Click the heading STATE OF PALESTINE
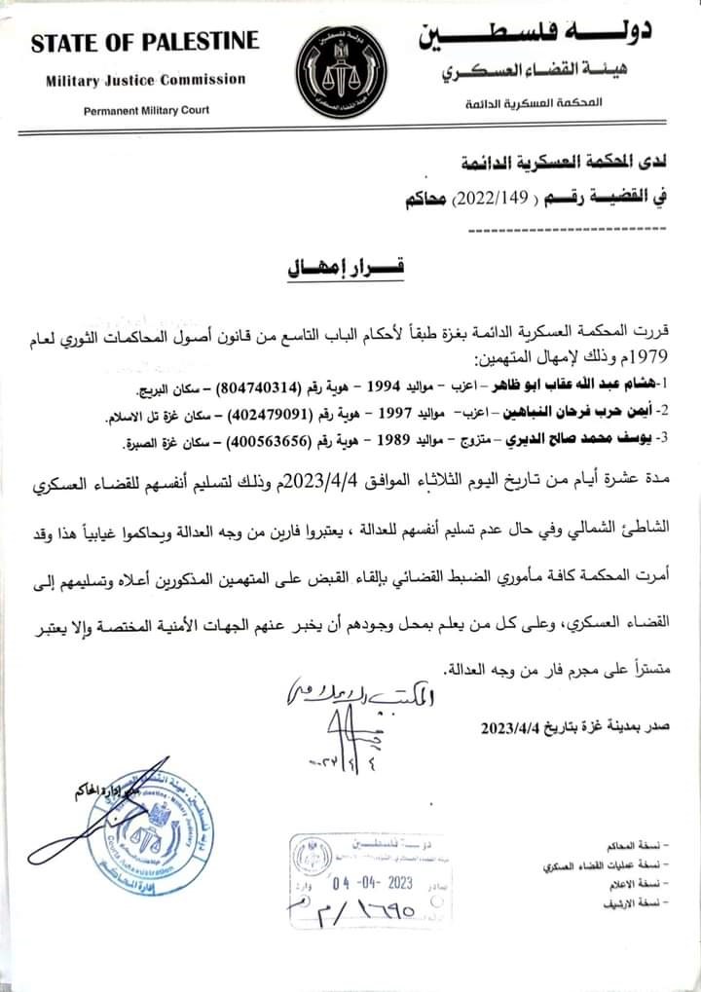point(145,42)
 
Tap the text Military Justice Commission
point(144,81)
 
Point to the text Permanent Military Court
point(145,110)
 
